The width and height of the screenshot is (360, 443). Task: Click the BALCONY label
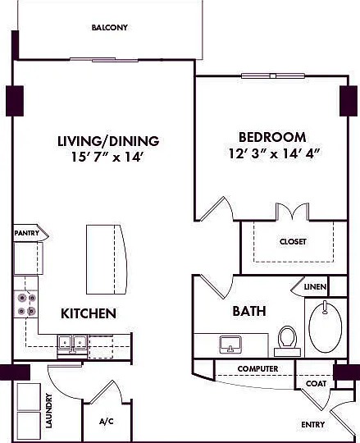[110, 28]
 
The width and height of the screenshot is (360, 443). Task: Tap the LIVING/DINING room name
[108, 141]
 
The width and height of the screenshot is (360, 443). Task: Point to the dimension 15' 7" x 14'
[108, 157]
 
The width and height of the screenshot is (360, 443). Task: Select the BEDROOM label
[272, 137]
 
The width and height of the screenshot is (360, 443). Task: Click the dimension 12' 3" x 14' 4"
[275, 153]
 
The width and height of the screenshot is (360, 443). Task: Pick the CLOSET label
[293, 242]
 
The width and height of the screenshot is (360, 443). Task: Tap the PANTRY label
[27, 233]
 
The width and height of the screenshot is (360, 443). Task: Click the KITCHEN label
[89, 313]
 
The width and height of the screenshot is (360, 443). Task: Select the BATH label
[249, 311]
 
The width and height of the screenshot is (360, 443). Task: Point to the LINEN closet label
[315, 287]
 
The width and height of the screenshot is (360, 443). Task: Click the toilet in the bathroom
[288, 340]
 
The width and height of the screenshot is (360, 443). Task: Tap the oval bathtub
[326, 327]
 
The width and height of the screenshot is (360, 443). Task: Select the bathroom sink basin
[230, 345]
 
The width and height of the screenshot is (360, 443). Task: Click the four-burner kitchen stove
[26, 304]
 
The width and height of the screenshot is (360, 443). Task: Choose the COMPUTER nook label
[257, 368]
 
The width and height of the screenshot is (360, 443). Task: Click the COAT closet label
[316, 384]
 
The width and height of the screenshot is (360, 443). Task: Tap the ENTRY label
[312, 425]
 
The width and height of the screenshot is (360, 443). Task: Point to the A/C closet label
[107, 422]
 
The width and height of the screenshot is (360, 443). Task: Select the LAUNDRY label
[49, 410]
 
